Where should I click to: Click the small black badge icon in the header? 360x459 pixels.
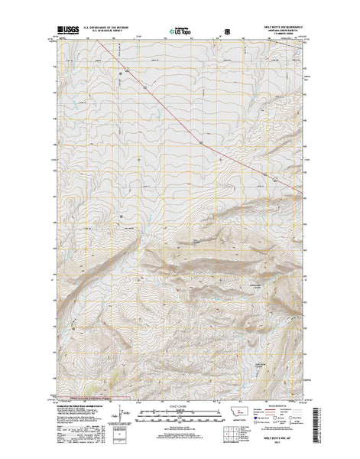226,32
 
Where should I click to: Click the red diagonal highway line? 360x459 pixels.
199,140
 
